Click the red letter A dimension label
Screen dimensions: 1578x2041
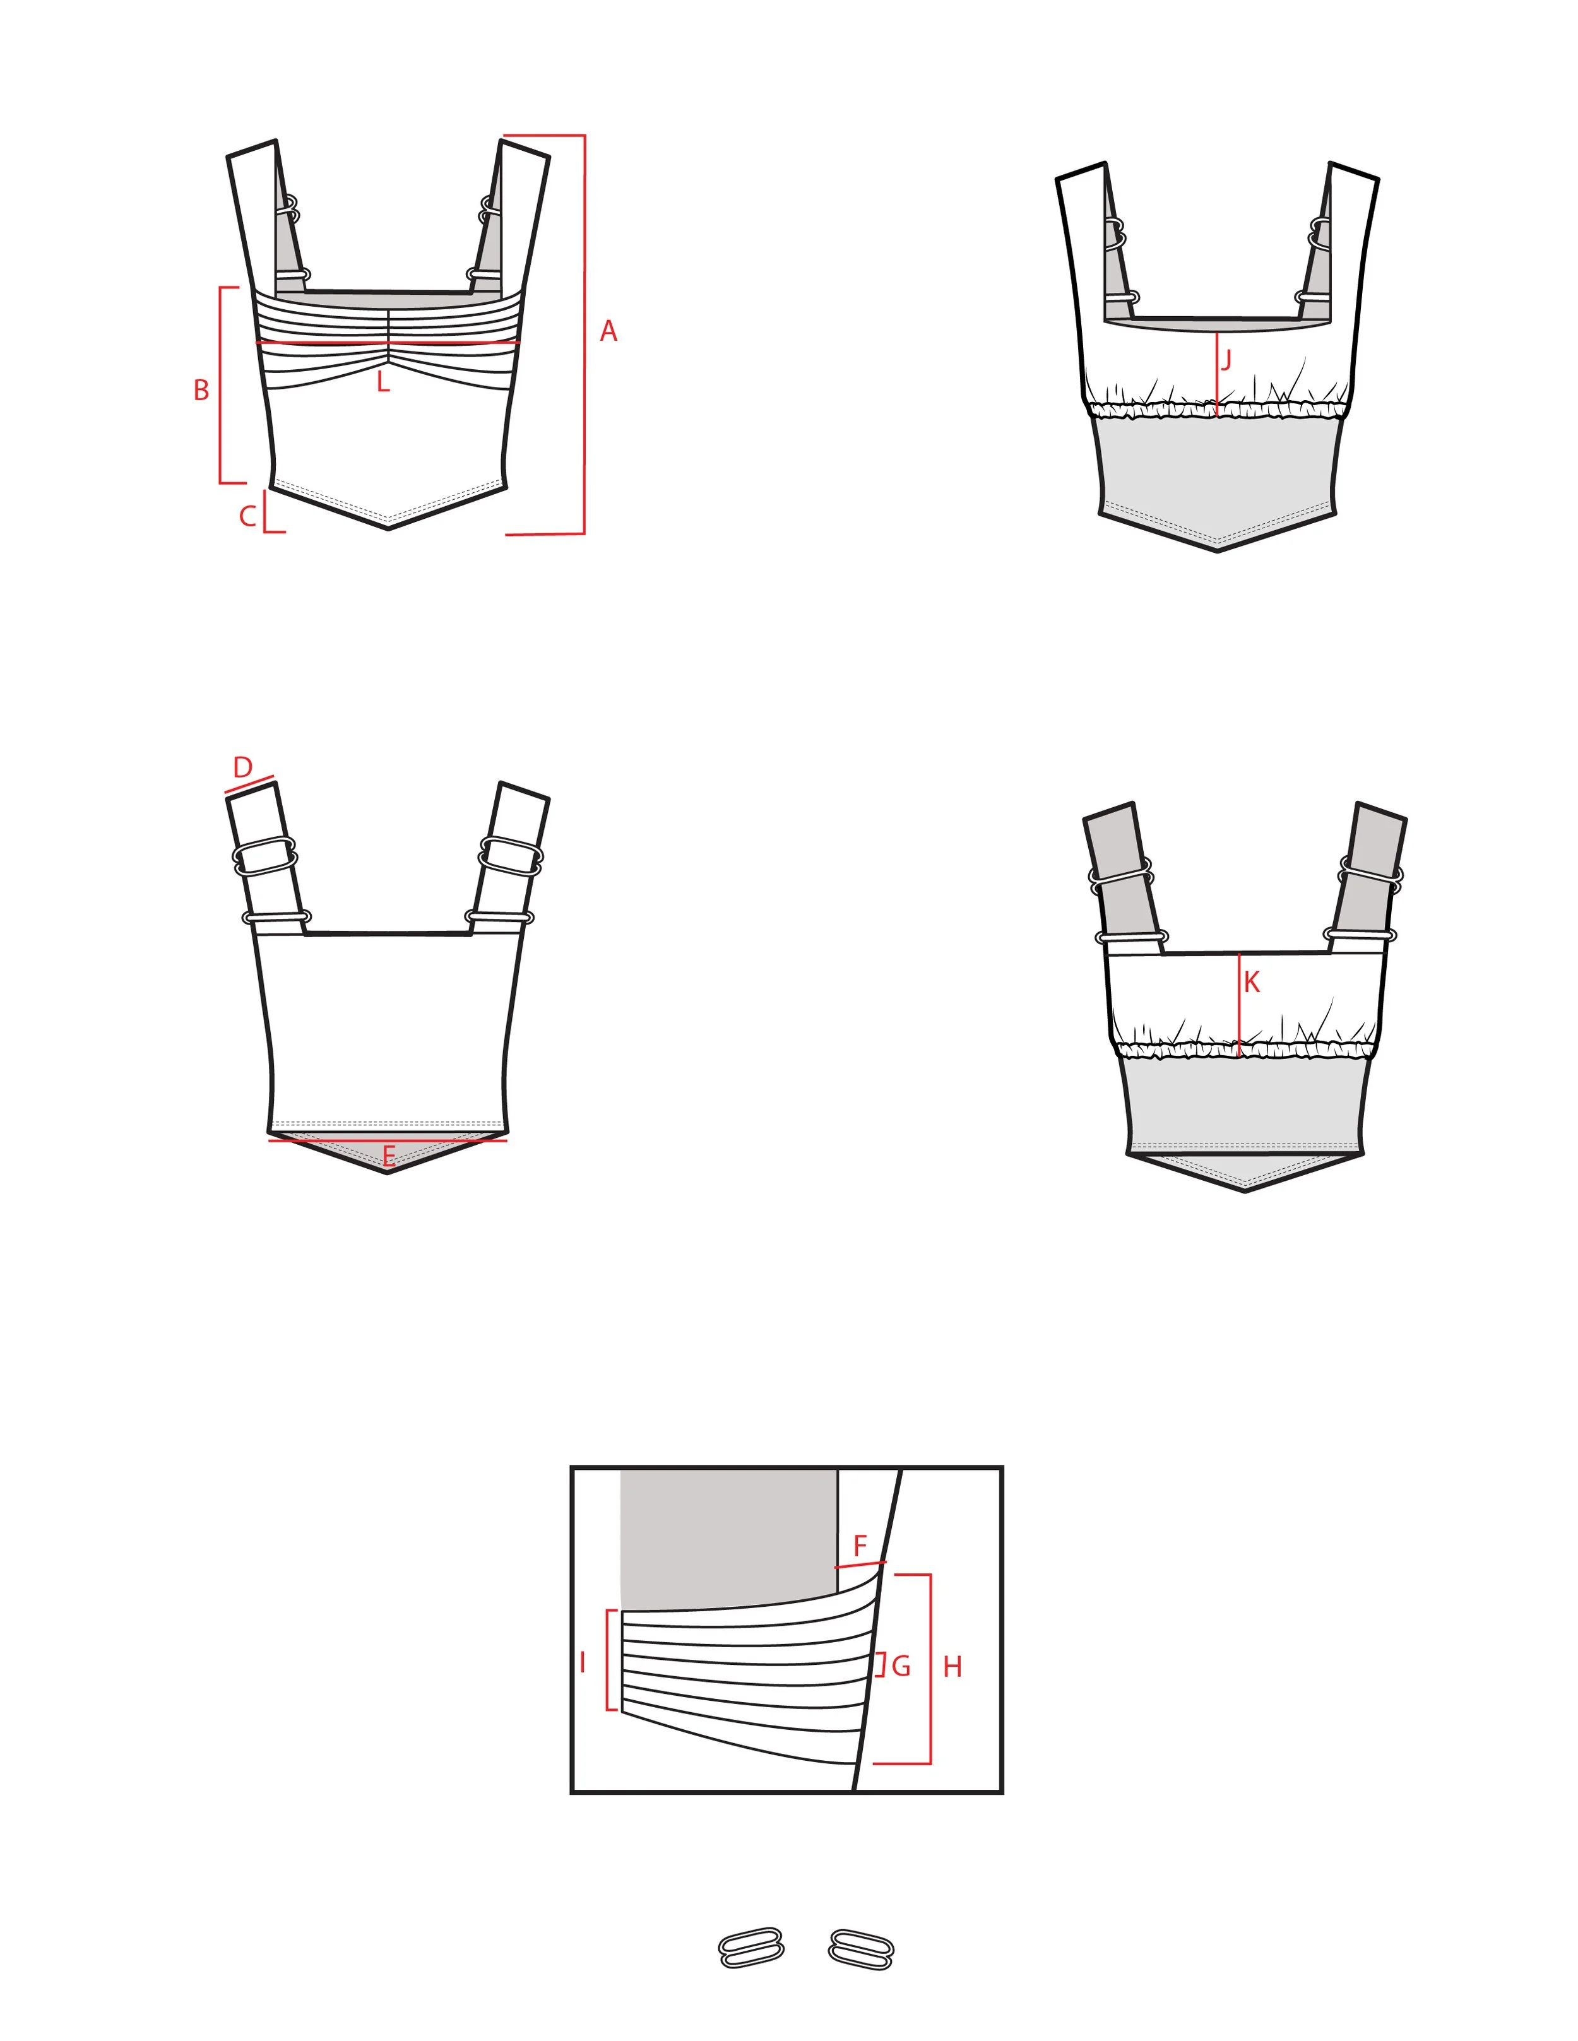pyautogui.click(x=608, y=331)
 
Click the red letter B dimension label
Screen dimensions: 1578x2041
pyautogui.click(x=201, y=391)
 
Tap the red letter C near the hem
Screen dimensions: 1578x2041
pyautogui.click(x=247, y=516)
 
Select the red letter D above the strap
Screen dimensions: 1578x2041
pyautogui.click(x=243, y=767)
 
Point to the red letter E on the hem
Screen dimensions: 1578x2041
pyautogui.click(x=389, y=1156)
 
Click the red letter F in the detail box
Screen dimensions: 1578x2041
pyautogui.click(x=860, y=1547)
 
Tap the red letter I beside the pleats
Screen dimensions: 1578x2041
pyautogui.click(x=583, y=1662)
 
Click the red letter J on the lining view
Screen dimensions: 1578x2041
pyautogui.click(x=1226, y=360)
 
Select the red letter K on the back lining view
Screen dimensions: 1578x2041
pyautogui.click(x=1252, y=982)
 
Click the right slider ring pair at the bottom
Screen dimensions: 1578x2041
pyautogui.click(x=861, y=1948)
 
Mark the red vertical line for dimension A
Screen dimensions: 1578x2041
pyautogui.click(x=584, y=334)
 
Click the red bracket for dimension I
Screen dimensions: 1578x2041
pyautogui.click(x=608, y=1660)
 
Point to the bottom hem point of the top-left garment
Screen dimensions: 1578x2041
pyautogui.click(x=388, y=529)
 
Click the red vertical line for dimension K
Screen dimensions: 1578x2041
pyautogui.click(x=1240, y=1005)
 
